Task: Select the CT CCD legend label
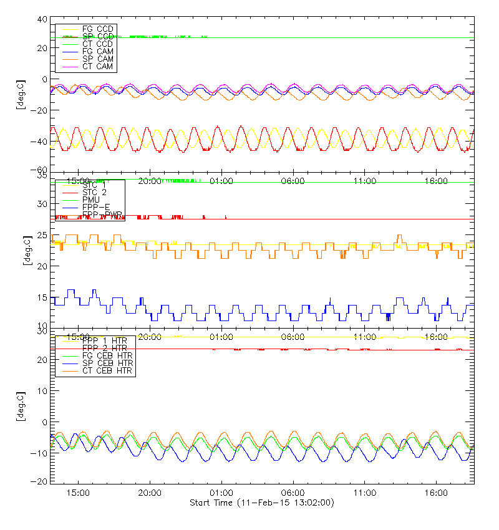(x=97, y=44)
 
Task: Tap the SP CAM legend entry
(x=97, y=59)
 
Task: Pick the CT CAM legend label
(x=97, y=66)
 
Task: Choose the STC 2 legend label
(x=94, y=192)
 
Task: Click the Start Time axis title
(x=261, y=503)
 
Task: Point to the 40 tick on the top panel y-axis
(x=42, y=19)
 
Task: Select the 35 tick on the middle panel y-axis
(x=42, y=176)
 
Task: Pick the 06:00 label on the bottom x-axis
(x=293, y=493)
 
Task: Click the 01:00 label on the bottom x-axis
(x=221, y=493)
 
